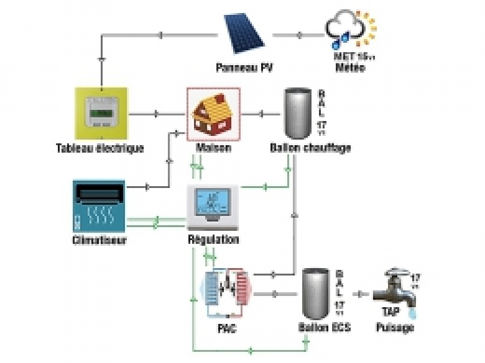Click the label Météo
pyautogui.click(x=351, y=68)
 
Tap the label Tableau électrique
pyautogui.click(x=99, y=148)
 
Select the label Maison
pyautogui.click(x=213, y=148)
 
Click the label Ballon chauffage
pyautogui.click(x=310, y=148)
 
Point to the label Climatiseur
pyautogui.click(x=99, y=240)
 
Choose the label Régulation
pyautogui.click(x=213, y=240)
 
